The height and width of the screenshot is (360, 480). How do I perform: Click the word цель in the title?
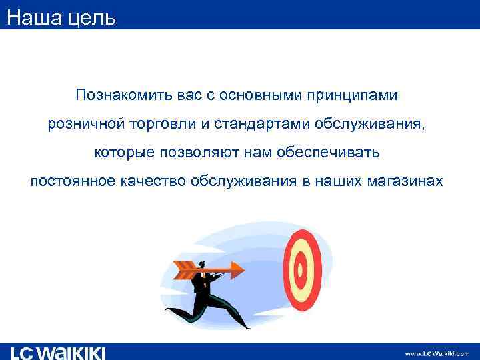coord(91,16)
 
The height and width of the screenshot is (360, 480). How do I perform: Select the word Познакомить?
coord(124,96)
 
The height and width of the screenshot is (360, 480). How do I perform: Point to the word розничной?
coord(81,125)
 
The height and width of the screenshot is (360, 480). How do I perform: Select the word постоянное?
coord(71,181)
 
